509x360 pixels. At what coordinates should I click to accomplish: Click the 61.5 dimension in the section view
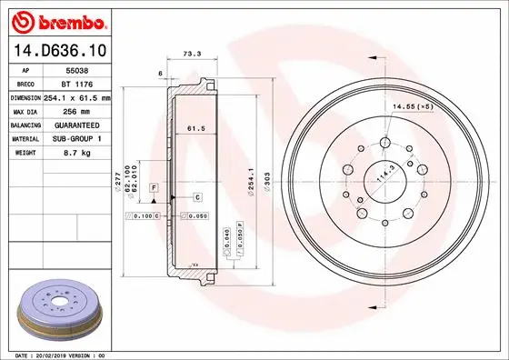(196, 128)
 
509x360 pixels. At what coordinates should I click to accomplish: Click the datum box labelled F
(155, 186)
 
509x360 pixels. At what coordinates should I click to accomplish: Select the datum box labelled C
(196, 196)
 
